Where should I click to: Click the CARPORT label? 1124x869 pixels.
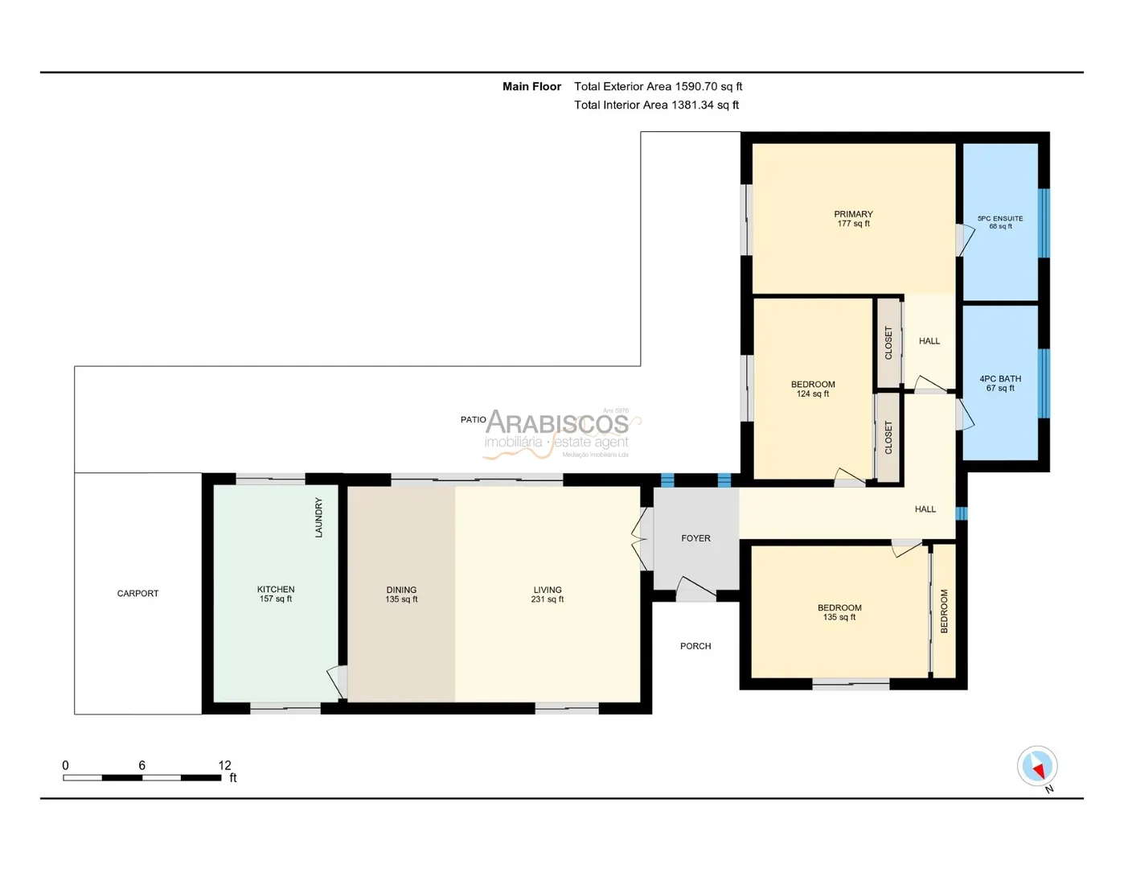pos(137,593)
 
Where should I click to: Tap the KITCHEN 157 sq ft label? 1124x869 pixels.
pos(276,594)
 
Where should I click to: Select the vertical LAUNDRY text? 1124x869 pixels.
pos(318,517)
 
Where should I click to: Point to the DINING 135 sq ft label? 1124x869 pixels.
pos(401,594)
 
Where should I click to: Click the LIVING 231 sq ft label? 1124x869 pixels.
pos(548,594)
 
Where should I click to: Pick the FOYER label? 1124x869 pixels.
pos(695,538)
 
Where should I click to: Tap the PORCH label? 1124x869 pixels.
pos(695,646)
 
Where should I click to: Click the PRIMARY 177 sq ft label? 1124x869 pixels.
pos(854,218)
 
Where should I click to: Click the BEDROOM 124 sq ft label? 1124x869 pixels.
pos(813,389)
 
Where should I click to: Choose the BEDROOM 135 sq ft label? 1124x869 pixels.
pos(839,612)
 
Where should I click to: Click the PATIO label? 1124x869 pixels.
pos(474,419)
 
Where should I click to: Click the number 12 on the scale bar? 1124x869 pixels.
pos(224,765)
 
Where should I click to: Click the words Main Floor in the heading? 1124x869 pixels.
pos(531,86)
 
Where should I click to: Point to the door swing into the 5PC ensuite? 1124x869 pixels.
pos(965,239)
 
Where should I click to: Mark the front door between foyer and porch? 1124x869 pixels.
pos(695,589)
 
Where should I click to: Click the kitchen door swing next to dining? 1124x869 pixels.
pos(337,682)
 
